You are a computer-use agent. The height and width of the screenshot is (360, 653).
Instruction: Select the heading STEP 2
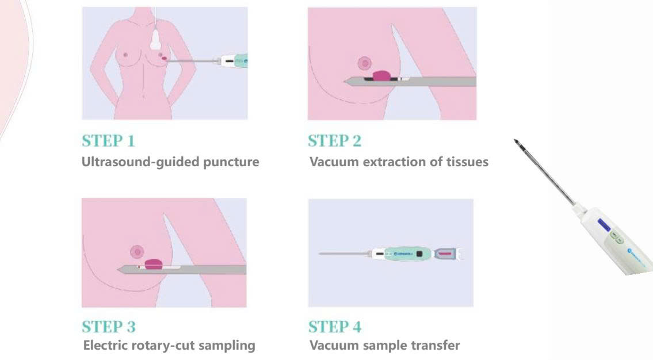point(335,140)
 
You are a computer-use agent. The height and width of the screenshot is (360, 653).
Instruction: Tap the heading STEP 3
point(109,327)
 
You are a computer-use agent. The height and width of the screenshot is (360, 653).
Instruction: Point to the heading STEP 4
point(335,327)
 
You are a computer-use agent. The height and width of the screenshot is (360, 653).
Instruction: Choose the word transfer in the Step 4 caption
point(437,346)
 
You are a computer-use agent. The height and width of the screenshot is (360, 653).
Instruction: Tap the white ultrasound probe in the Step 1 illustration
point(156,40)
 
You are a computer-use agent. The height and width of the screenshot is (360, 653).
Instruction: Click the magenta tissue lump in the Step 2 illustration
point(382,75)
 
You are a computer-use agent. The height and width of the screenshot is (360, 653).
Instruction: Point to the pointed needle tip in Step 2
point(347,82)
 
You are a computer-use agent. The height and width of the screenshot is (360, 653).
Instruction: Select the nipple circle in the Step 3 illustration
point(137,251)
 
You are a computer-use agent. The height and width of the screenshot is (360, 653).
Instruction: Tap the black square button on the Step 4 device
point(421,253)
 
